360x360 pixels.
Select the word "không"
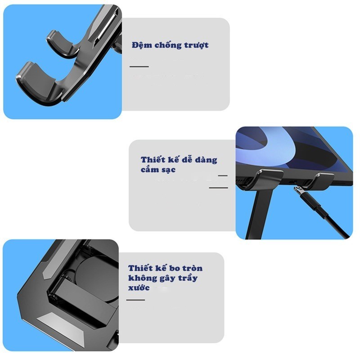[140, 278]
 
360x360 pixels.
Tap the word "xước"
[139, 288]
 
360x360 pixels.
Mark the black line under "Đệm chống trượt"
[139, 67]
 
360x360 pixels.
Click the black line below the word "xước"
[135, 300]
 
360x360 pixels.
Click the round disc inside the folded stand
[96, 275]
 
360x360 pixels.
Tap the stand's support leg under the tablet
[259, 213]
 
